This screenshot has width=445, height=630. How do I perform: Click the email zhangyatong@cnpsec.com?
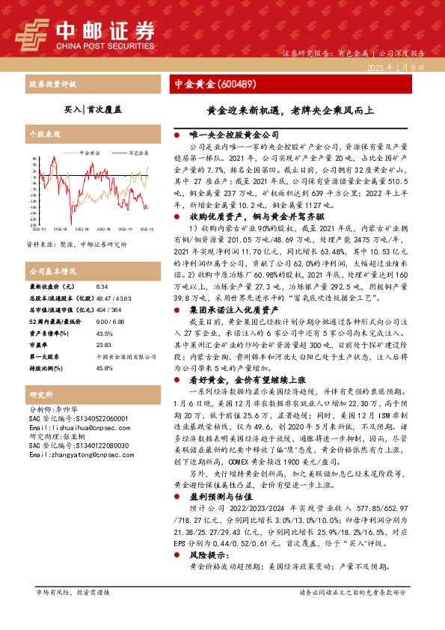click(x=77, y=454)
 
